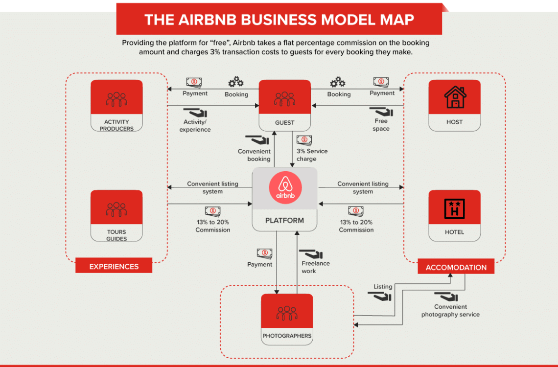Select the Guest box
click(x=284, y=105)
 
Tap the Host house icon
click(x=455, y=97)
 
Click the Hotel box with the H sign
click(x=454, y=215)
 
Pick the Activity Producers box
click(x=116, y=105)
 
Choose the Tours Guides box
click(x=116, y=215)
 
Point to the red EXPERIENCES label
click(x=114, y=267)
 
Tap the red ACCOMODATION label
click(x=456, y=268)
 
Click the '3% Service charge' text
click(x=311, y=155)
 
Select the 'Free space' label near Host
click(x=381, y=125)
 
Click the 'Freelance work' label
click(x=315, y=267)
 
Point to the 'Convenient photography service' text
click(x=450, y=311)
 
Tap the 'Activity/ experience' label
click(x=195, y=126)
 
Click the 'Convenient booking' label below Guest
click(x=254, y=155)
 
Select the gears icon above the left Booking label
click(x=236, y=82)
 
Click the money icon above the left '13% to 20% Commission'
click(x=213, y=211)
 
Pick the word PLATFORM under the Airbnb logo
click(x=284, y=220)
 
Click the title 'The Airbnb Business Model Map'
click(x=279, y=20)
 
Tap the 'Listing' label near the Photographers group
click(x=383, y=287)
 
